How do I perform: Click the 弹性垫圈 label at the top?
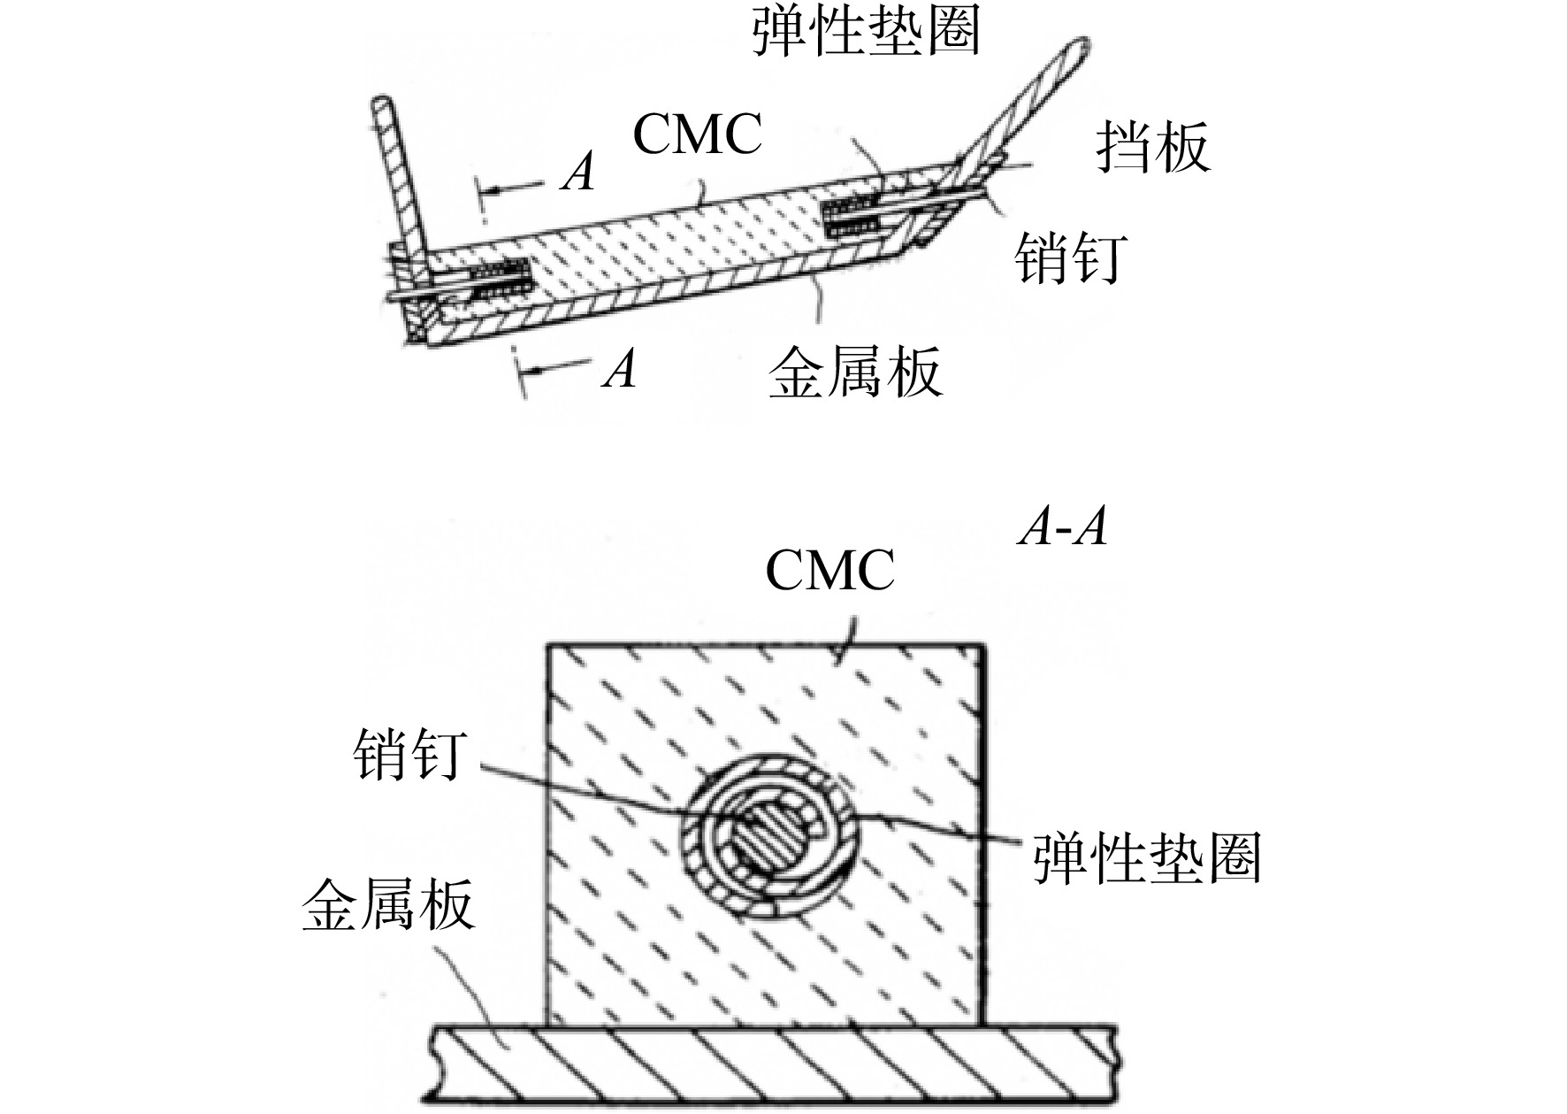(866, 33)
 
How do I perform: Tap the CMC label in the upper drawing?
(698, 135)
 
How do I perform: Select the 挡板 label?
(1152, 146)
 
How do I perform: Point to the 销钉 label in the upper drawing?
(1070, 257)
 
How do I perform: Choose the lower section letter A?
(619, 369)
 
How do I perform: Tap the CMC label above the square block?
(829, 570)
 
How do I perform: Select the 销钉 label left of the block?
(409, 754)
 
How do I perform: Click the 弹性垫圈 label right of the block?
(1147, 857)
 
